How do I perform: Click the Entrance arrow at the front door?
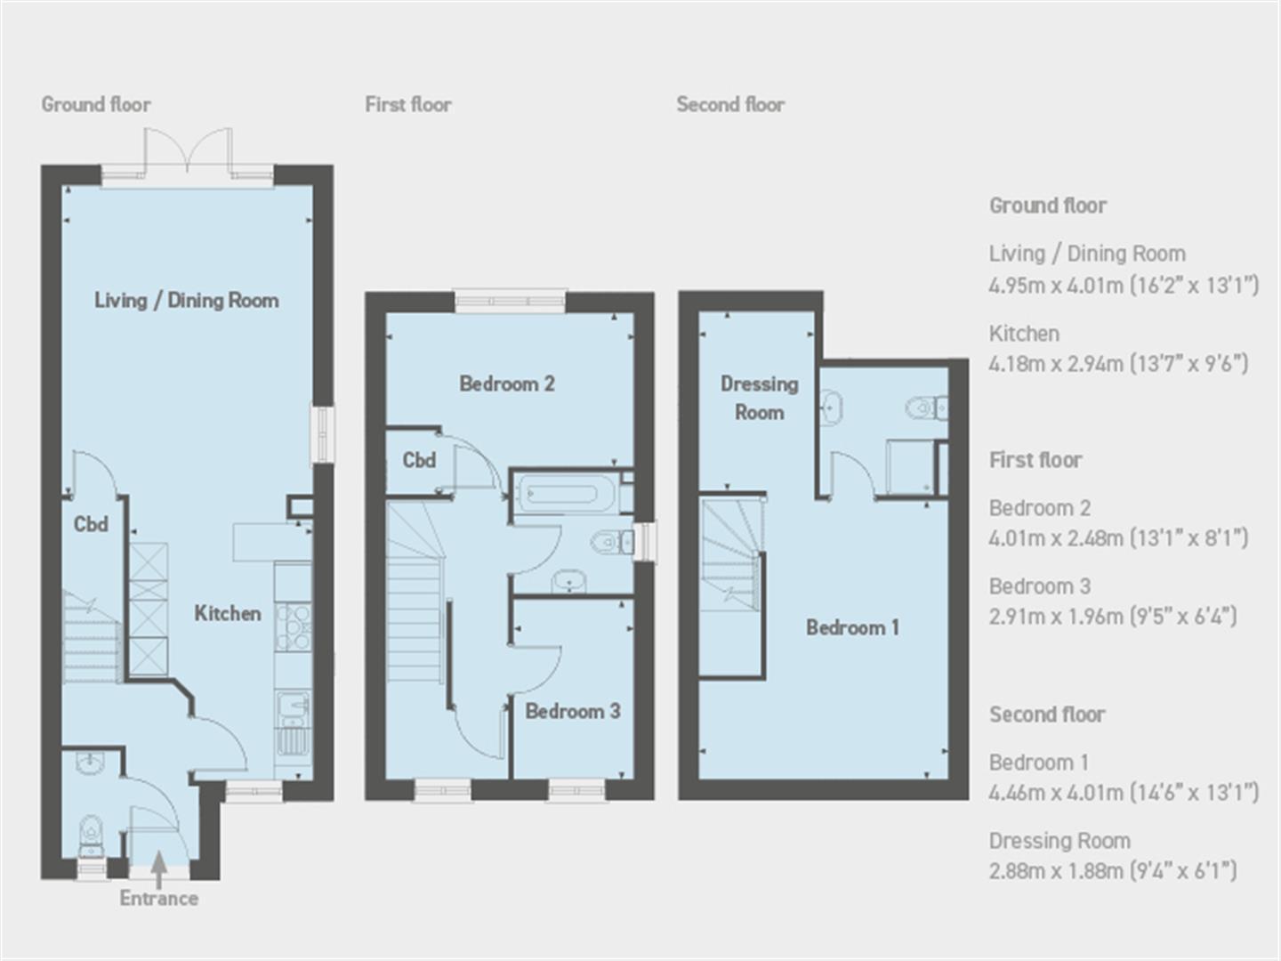pyautogui.click(x=157, y=868)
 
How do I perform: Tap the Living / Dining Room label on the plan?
pyautogui.click(x=187, y=301)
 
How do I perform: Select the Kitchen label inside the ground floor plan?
pyautogui.click(x=228, y=613)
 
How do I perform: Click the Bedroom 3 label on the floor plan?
pyautogui.click(x=572, y=711)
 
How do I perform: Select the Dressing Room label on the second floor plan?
pyautogui.click(x=759, y=398)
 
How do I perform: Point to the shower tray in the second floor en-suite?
pyautogui.click(x=909, y=466)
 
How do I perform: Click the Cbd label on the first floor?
pyautogui.click(x=419, y=460)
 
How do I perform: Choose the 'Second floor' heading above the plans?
pyautogui.click(x=730, y=104)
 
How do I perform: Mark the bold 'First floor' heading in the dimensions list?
pyautogui.click(x=1035, y=460)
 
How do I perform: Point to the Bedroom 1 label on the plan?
pyautogui.click(x=852, y=627)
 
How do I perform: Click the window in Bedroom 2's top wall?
pyautogui.click(x=511, y=302)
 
